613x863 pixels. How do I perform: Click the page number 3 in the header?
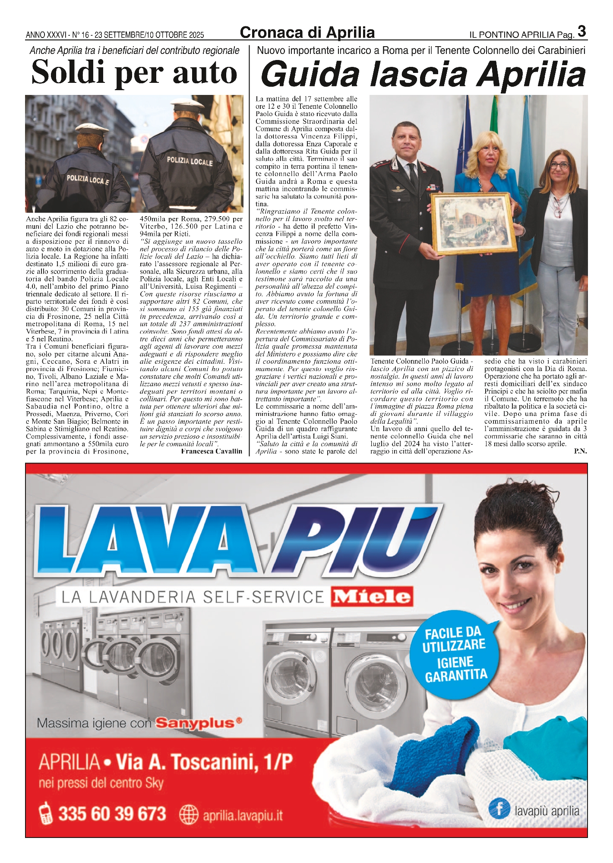[581, 31]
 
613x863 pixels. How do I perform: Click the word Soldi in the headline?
[69, 72]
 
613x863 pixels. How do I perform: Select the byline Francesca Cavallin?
[212, 451]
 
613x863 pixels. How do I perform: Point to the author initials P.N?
[580, 451]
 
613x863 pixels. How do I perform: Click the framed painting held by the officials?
[474, 224]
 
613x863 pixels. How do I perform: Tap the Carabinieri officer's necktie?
[413, 175]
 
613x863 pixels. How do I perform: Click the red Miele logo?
[372, 597]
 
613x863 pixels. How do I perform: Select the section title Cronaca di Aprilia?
[307, 33]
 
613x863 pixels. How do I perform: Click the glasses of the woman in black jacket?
[560, 165]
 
